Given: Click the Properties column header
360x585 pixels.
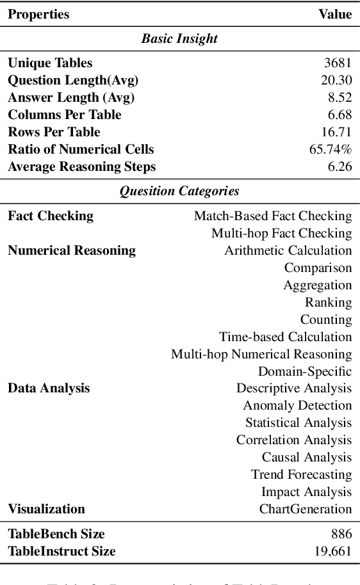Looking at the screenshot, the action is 38,14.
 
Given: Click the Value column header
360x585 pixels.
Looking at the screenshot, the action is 335,14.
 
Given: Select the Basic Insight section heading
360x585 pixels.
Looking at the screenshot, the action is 179,39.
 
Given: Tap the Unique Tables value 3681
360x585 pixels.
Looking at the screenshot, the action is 338,63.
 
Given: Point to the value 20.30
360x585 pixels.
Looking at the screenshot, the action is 336,81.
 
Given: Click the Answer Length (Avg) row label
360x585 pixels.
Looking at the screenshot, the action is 71,98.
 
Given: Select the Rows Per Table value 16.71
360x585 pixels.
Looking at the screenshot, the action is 336,132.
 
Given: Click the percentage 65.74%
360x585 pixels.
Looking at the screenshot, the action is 331,150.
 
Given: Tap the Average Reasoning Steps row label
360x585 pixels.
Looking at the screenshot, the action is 81,167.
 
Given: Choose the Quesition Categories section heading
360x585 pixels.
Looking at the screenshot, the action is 179,191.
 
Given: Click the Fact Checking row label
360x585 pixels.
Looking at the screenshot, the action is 51,216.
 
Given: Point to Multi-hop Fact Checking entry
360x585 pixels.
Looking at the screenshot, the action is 281,233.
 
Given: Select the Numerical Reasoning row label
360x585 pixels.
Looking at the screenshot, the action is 72,250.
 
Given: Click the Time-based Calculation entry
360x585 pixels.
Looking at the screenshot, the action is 285,337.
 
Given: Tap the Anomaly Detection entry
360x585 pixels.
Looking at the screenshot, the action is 297,406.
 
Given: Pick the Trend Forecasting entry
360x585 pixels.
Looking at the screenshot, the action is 301,475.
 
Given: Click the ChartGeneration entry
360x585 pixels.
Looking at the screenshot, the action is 306,509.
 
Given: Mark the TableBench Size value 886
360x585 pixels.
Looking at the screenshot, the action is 341,534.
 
